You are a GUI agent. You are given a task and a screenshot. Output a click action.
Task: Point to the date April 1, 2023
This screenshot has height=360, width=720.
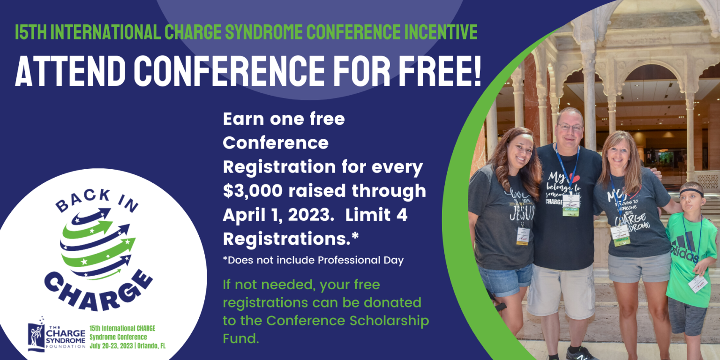(x=276, y=215)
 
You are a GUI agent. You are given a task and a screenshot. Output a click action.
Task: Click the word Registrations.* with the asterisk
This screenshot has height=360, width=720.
(x=291, y=239)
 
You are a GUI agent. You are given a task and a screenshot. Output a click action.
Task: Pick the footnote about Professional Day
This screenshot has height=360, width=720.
(x=313, y=261)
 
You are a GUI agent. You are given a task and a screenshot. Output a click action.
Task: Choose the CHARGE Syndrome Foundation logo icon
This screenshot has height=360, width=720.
(x=36, y=335)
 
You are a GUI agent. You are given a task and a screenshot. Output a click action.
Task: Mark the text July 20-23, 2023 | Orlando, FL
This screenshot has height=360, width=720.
(x=127, y=346)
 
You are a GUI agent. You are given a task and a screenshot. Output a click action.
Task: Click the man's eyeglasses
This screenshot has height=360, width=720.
(x=570, y=127)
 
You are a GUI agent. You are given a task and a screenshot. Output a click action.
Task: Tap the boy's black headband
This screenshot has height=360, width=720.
(x=692, y=192)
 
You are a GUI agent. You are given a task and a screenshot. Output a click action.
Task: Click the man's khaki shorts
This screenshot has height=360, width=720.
(x=561, y=291)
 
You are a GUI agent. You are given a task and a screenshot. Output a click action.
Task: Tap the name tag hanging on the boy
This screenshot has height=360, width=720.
(x=697, y=283)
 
